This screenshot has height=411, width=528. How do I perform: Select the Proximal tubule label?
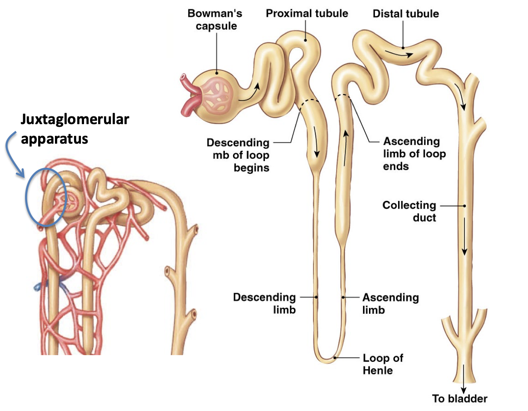click(x=307, y=13)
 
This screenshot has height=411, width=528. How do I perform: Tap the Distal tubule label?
click(x=406, y=14)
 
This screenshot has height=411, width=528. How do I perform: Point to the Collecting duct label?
click(x=409, y=211)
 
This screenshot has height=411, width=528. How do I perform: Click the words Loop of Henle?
click(x=383, y=364)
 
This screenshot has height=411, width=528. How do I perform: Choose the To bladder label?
click(x=460, y=399)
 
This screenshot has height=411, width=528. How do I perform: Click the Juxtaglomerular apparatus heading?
click(x=74, y=129)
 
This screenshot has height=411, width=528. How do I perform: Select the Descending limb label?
click(x=264, y=304)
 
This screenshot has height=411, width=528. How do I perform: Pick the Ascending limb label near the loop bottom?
click(x=390, y=304)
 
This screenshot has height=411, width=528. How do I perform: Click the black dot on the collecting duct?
click(x=465, y=206)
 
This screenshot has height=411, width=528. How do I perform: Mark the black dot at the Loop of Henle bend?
click(x=335, y=358)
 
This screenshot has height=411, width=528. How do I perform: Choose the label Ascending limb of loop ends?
click(x=414, y=154)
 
